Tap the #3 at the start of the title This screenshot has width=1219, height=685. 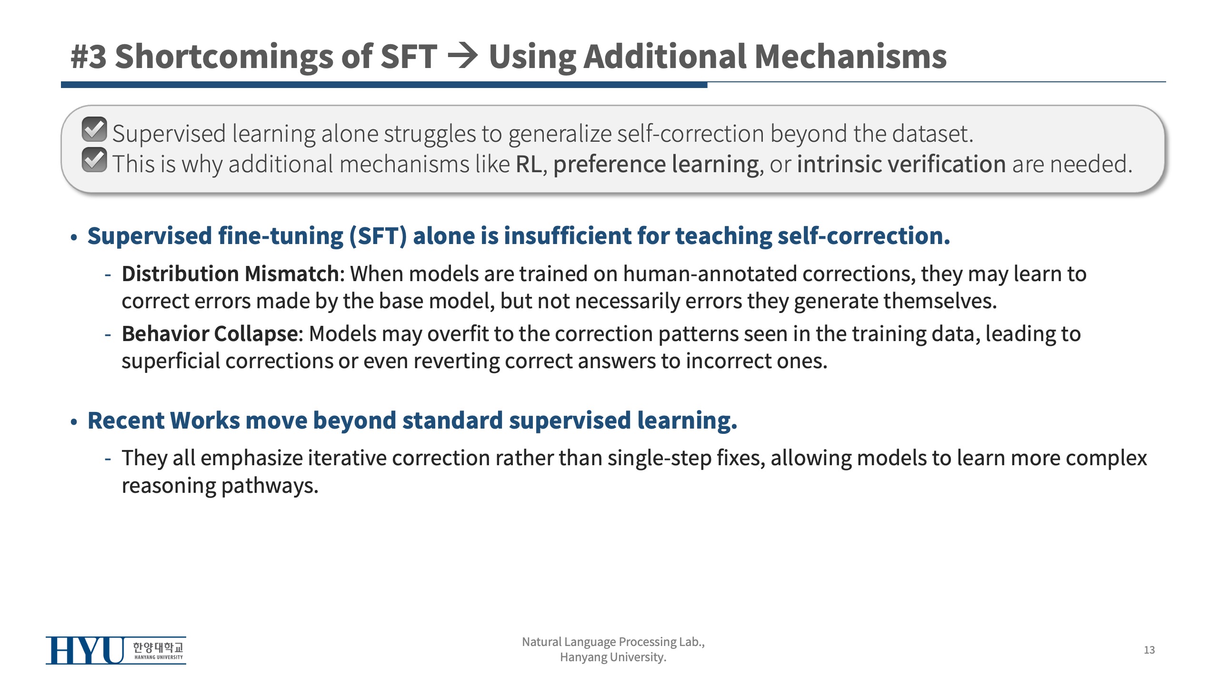pos(89,57)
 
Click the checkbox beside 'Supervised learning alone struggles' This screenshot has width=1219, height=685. pos(94,129)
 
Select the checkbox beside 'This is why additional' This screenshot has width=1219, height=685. pos(94,160)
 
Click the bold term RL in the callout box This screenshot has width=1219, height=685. pos(529,164)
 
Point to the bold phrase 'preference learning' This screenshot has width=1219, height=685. pos(656,165)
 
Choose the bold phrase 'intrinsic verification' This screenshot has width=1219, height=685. pos(901,164)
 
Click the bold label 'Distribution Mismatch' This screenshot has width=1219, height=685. pos(230,274)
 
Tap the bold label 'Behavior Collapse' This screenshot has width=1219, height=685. pos(210,334)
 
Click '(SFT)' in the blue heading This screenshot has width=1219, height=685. pos(378,236)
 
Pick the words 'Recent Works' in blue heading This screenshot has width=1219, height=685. pos(164,421)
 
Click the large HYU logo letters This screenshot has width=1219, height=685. pos(85,650)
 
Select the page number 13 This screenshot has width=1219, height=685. pos(1149,650)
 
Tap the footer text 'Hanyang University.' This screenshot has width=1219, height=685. pos(613,657)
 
